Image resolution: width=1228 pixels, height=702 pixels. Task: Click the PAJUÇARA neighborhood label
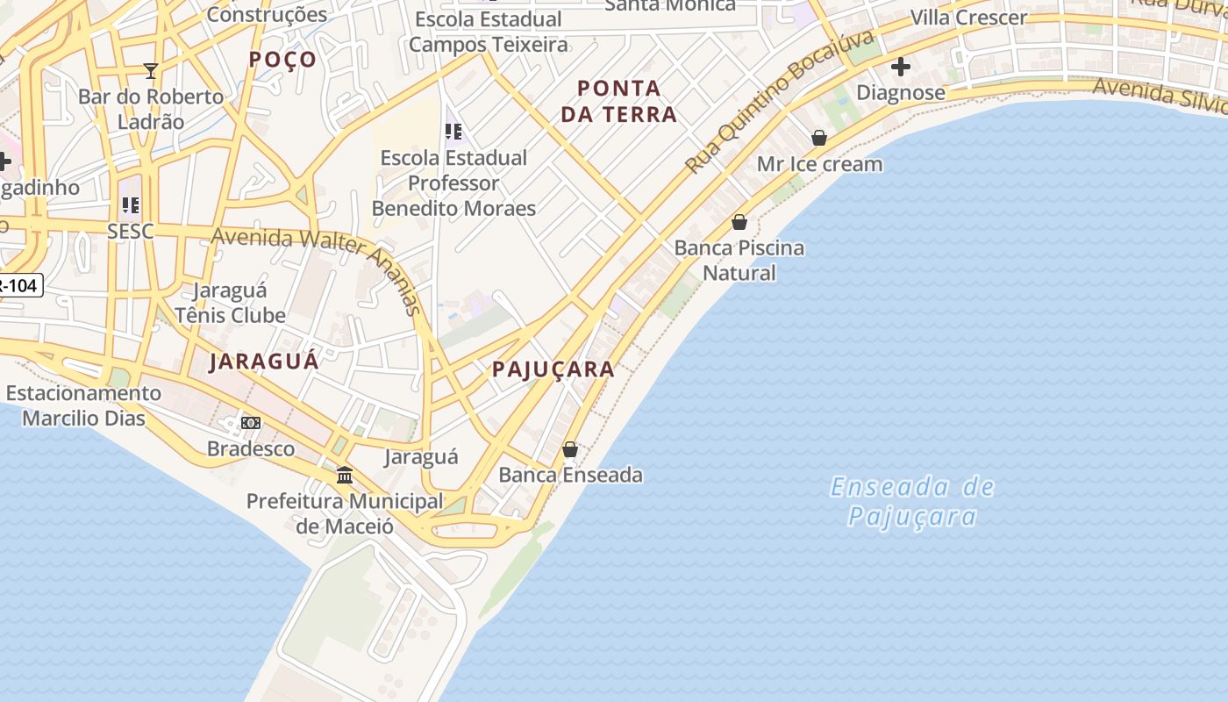pos(553,369)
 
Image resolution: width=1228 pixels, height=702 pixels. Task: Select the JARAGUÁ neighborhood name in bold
pos(264,362)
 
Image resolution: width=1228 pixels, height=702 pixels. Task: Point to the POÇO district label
pos(282,59)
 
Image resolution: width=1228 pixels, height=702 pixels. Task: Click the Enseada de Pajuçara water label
pos(912,501)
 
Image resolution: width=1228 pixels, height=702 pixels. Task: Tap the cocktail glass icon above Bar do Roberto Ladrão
pos(151,71)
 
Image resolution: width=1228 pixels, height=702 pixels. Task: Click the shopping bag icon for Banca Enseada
pos(570,449)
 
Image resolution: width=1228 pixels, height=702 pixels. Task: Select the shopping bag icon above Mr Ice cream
pos(819,138)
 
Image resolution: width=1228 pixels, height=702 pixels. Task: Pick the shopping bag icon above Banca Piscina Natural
pos(739,222)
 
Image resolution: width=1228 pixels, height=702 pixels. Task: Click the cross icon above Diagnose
pos(901,67)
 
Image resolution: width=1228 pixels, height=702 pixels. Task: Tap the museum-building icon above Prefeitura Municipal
pos(345,475)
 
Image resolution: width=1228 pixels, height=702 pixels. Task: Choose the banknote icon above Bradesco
pos(251,423)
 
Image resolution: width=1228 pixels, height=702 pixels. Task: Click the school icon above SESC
pos(131,205)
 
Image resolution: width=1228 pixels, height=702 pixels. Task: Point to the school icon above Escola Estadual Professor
pos(453,132)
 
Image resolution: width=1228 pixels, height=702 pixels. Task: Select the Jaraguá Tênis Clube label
pos(231,303)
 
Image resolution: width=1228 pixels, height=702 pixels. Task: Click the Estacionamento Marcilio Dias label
pos(84,405)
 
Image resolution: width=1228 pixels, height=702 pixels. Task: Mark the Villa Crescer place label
pos(968,18)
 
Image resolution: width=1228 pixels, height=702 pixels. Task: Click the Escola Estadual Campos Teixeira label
pos(489,32)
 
